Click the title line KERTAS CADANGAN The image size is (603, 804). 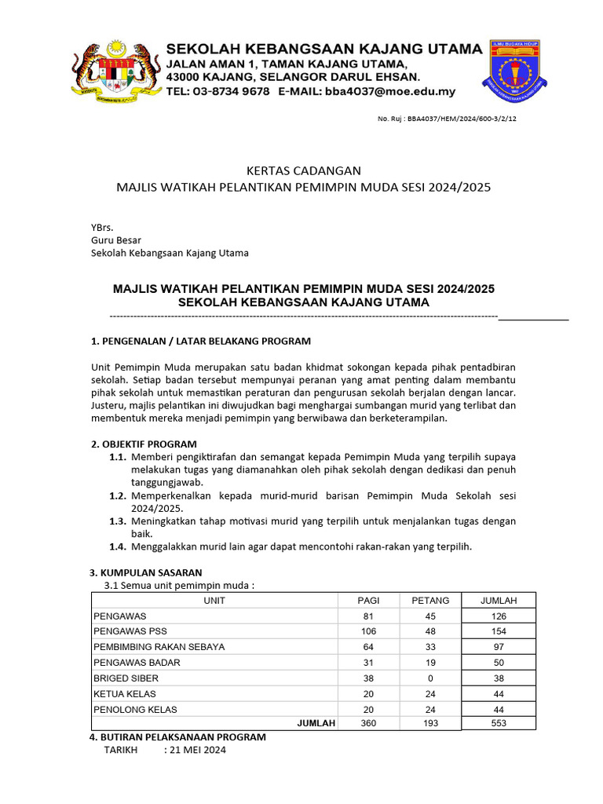[303, 170]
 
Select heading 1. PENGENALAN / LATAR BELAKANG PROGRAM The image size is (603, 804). [201, 341]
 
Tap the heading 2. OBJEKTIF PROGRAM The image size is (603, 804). [144, 444]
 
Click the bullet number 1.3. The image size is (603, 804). [118, 521]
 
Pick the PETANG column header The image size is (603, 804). [430, 601]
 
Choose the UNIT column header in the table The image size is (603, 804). [214, 601]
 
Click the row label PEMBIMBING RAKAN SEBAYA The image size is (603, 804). [159, 647]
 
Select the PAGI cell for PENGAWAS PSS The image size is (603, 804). [368, 631]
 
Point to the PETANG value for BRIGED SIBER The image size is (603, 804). [430, 678]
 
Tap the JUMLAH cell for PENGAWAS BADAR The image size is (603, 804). [499, 663]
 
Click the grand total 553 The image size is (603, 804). [499, 723]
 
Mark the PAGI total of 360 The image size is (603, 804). [368, 723]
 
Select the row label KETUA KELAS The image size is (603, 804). [125, 693]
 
